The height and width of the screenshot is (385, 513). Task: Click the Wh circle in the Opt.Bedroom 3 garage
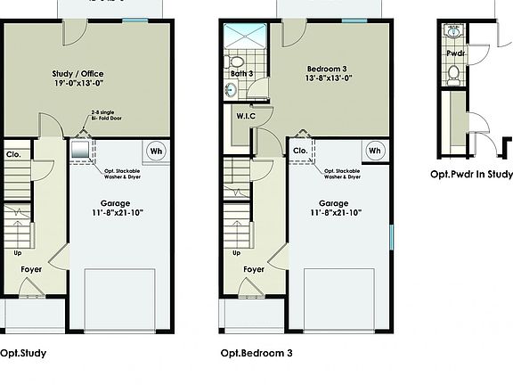(374, 152)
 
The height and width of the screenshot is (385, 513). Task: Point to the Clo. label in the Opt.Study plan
(13, 153)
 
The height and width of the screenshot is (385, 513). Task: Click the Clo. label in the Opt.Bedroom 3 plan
(301, 152)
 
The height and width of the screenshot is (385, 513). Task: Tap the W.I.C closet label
(247, 116)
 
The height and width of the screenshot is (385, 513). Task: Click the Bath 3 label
(240, 73)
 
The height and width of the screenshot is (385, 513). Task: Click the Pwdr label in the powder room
(455, 52)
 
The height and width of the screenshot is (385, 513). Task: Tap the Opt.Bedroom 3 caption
(256, 353)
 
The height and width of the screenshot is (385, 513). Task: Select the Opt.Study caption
(23, 353)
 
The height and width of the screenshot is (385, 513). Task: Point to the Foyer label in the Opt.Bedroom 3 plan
(255, 268)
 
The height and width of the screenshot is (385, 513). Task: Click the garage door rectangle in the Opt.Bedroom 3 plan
(338, 299)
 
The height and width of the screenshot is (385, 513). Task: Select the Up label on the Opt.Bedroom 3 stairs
(237, 252)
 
